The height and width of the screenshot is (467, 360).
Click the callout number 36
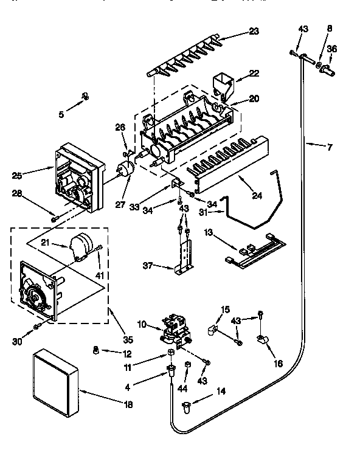coord(331,49)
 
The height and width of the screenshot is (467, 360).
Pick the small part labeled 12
coord(95,350)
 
